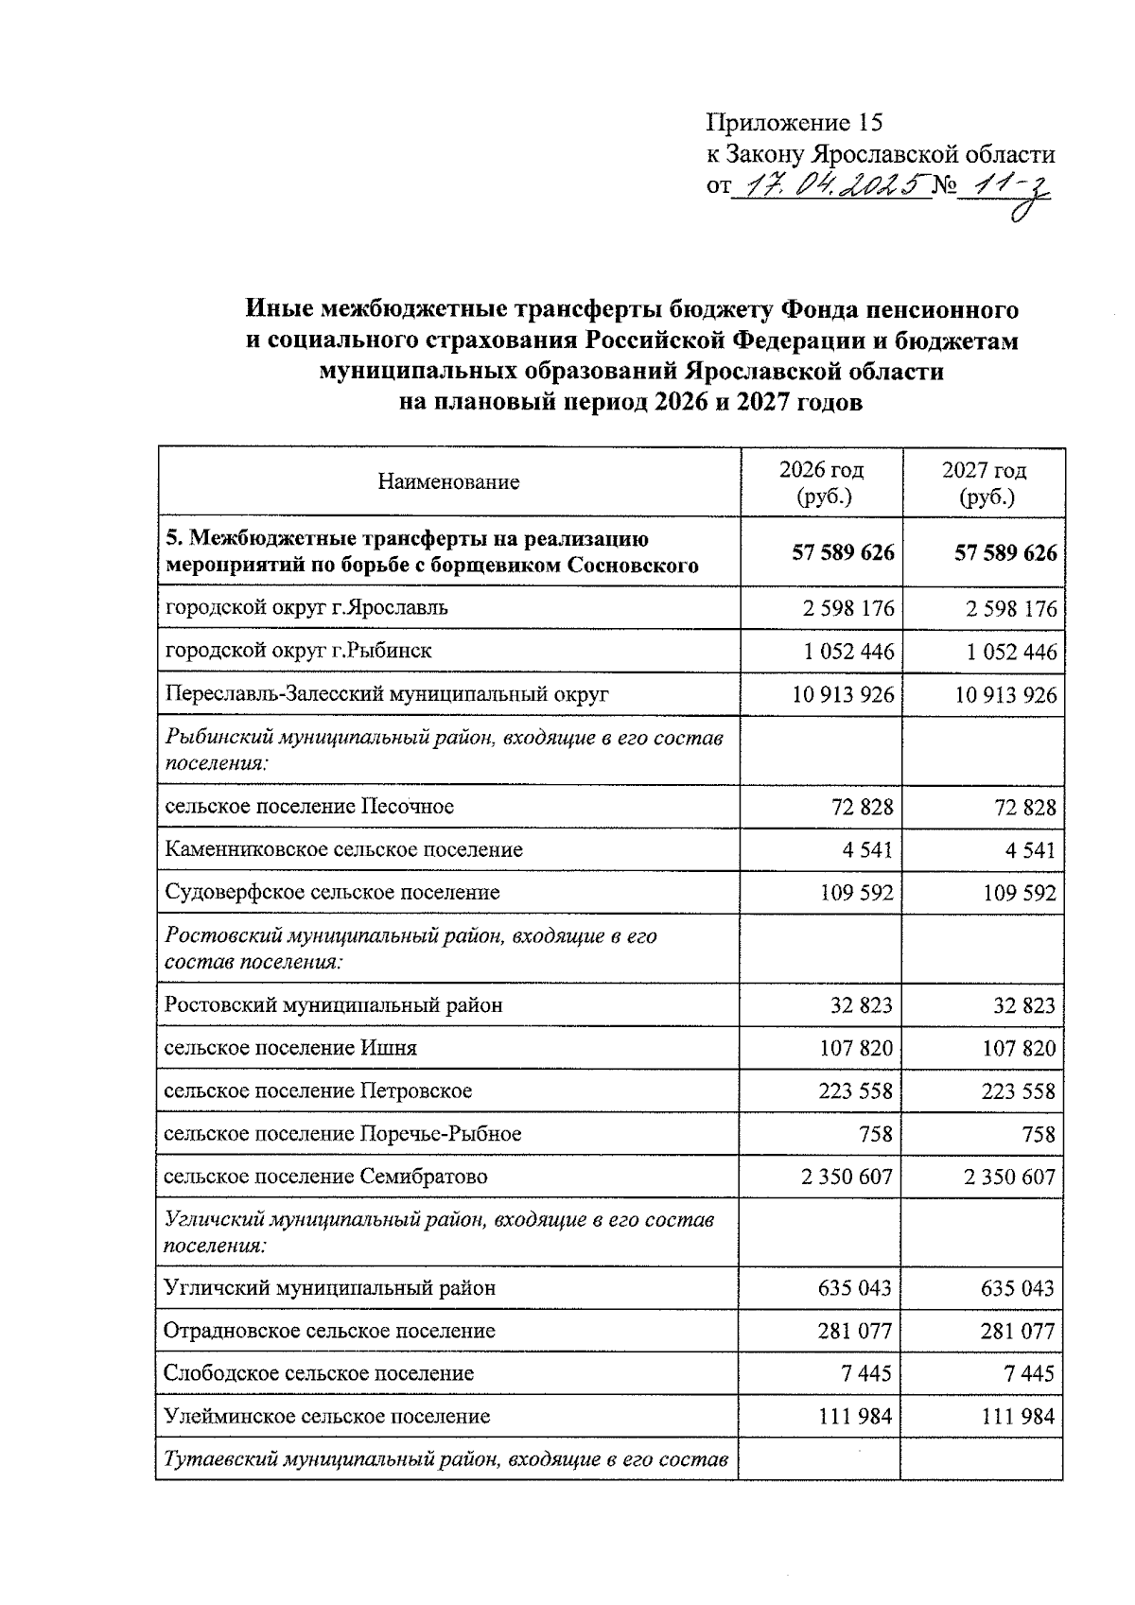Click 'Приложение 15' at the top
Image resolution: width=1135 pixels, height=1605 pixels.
794,123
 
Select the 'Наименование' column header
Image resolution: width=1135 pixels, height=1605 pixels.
448,482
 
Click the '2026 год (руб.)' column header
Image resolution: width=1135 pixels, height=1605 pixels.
821,483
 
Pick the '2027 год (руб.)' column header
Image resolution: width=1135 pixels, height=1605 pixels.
984,483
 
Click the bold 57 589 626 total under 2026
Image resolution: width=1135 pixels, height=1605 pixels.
843,553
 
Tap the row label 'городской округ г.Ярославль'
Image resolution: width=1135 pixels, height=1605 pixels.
306,608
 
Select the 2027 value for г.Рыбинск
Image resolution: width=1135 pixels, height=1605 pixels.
1011,653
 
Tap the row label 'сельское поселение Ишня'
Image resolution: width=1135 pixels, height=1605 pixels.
289,1048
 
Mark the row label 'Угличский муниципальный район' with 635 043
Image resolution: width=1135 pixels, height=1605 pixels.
329,1288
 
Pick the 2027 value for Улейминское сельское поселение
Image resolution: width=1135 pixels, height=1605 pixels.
1018,1417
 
